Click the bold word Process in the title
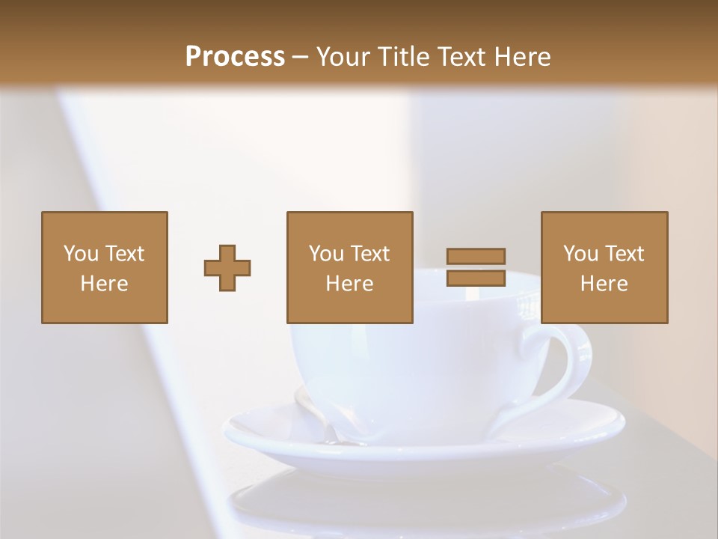click(x=235, y=57)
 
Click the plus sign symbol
click(x=227, y=268)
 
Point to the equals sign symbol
click(x=476, y=267)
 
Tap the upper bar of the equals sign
click(x=476, y=256)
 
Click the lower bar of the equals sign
click(x=476, y=278)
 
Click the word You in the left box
click(x=81, y=254)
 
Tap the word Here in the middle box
click(x=350, y=284)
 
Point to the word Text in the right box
click(x=625, y=254)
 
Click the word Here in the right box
click(x=604, y=284)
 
